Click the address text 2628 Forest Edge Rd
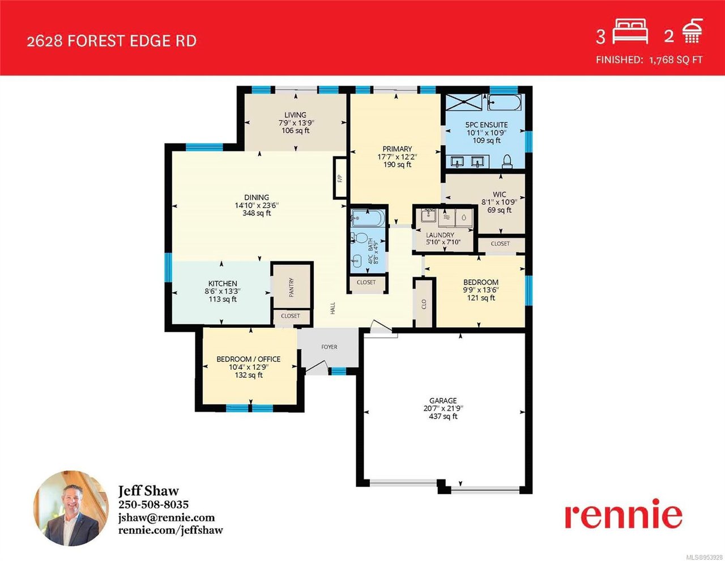coord(112,41)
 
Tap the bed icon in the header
coord(630,32)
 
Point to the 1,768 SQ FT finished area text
coord(676,60)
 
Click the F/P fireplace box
coord(340,178)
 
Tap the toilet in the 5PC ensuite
coord(507,162)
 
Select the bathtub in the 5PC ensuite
coord(504,103)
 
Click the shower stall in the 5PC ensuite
coord(464,102)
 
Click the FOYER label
coord(329,347)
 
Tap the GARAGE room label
coord(443,400)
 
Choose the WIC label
coord(500,194)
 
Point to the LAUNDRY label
coord(440,235)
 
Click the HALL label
coord(332,309)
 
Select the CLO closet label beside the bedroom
coord(424,305)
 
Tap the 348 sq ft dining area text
coord(257,213)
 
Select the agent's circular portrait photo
coord(71,509)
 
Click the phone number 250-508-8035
coord(153,504)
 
